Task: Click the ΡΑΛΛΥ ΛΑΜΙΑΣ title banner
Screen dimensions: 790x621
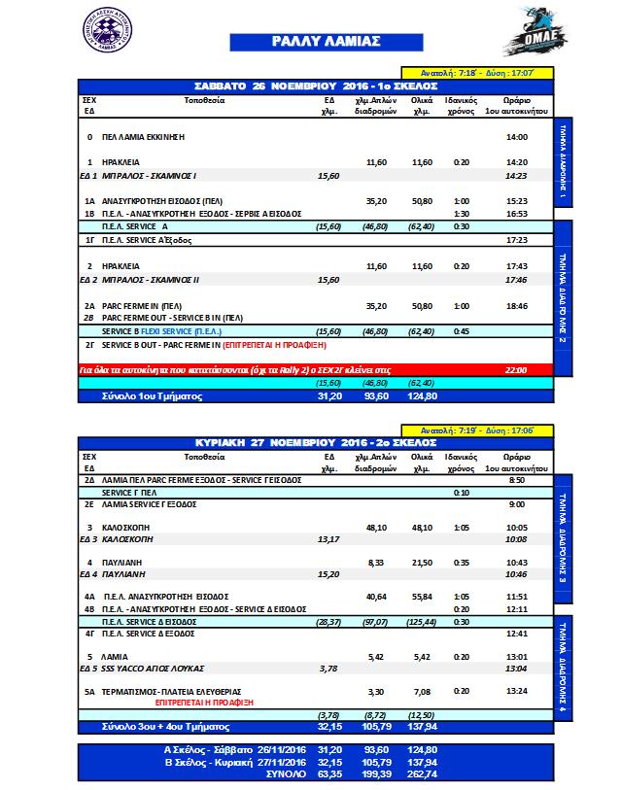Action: coord(311,42)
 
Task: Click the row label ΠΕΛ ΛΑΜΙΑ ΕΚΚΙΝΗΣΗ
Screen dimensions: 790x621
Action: coord(143,138)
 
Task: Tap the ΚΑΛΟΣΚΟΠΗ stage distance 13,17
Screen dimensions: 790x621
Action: coord(330,537)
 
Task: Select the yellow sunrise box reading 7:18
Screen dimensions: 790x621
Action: coord(478,72)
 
